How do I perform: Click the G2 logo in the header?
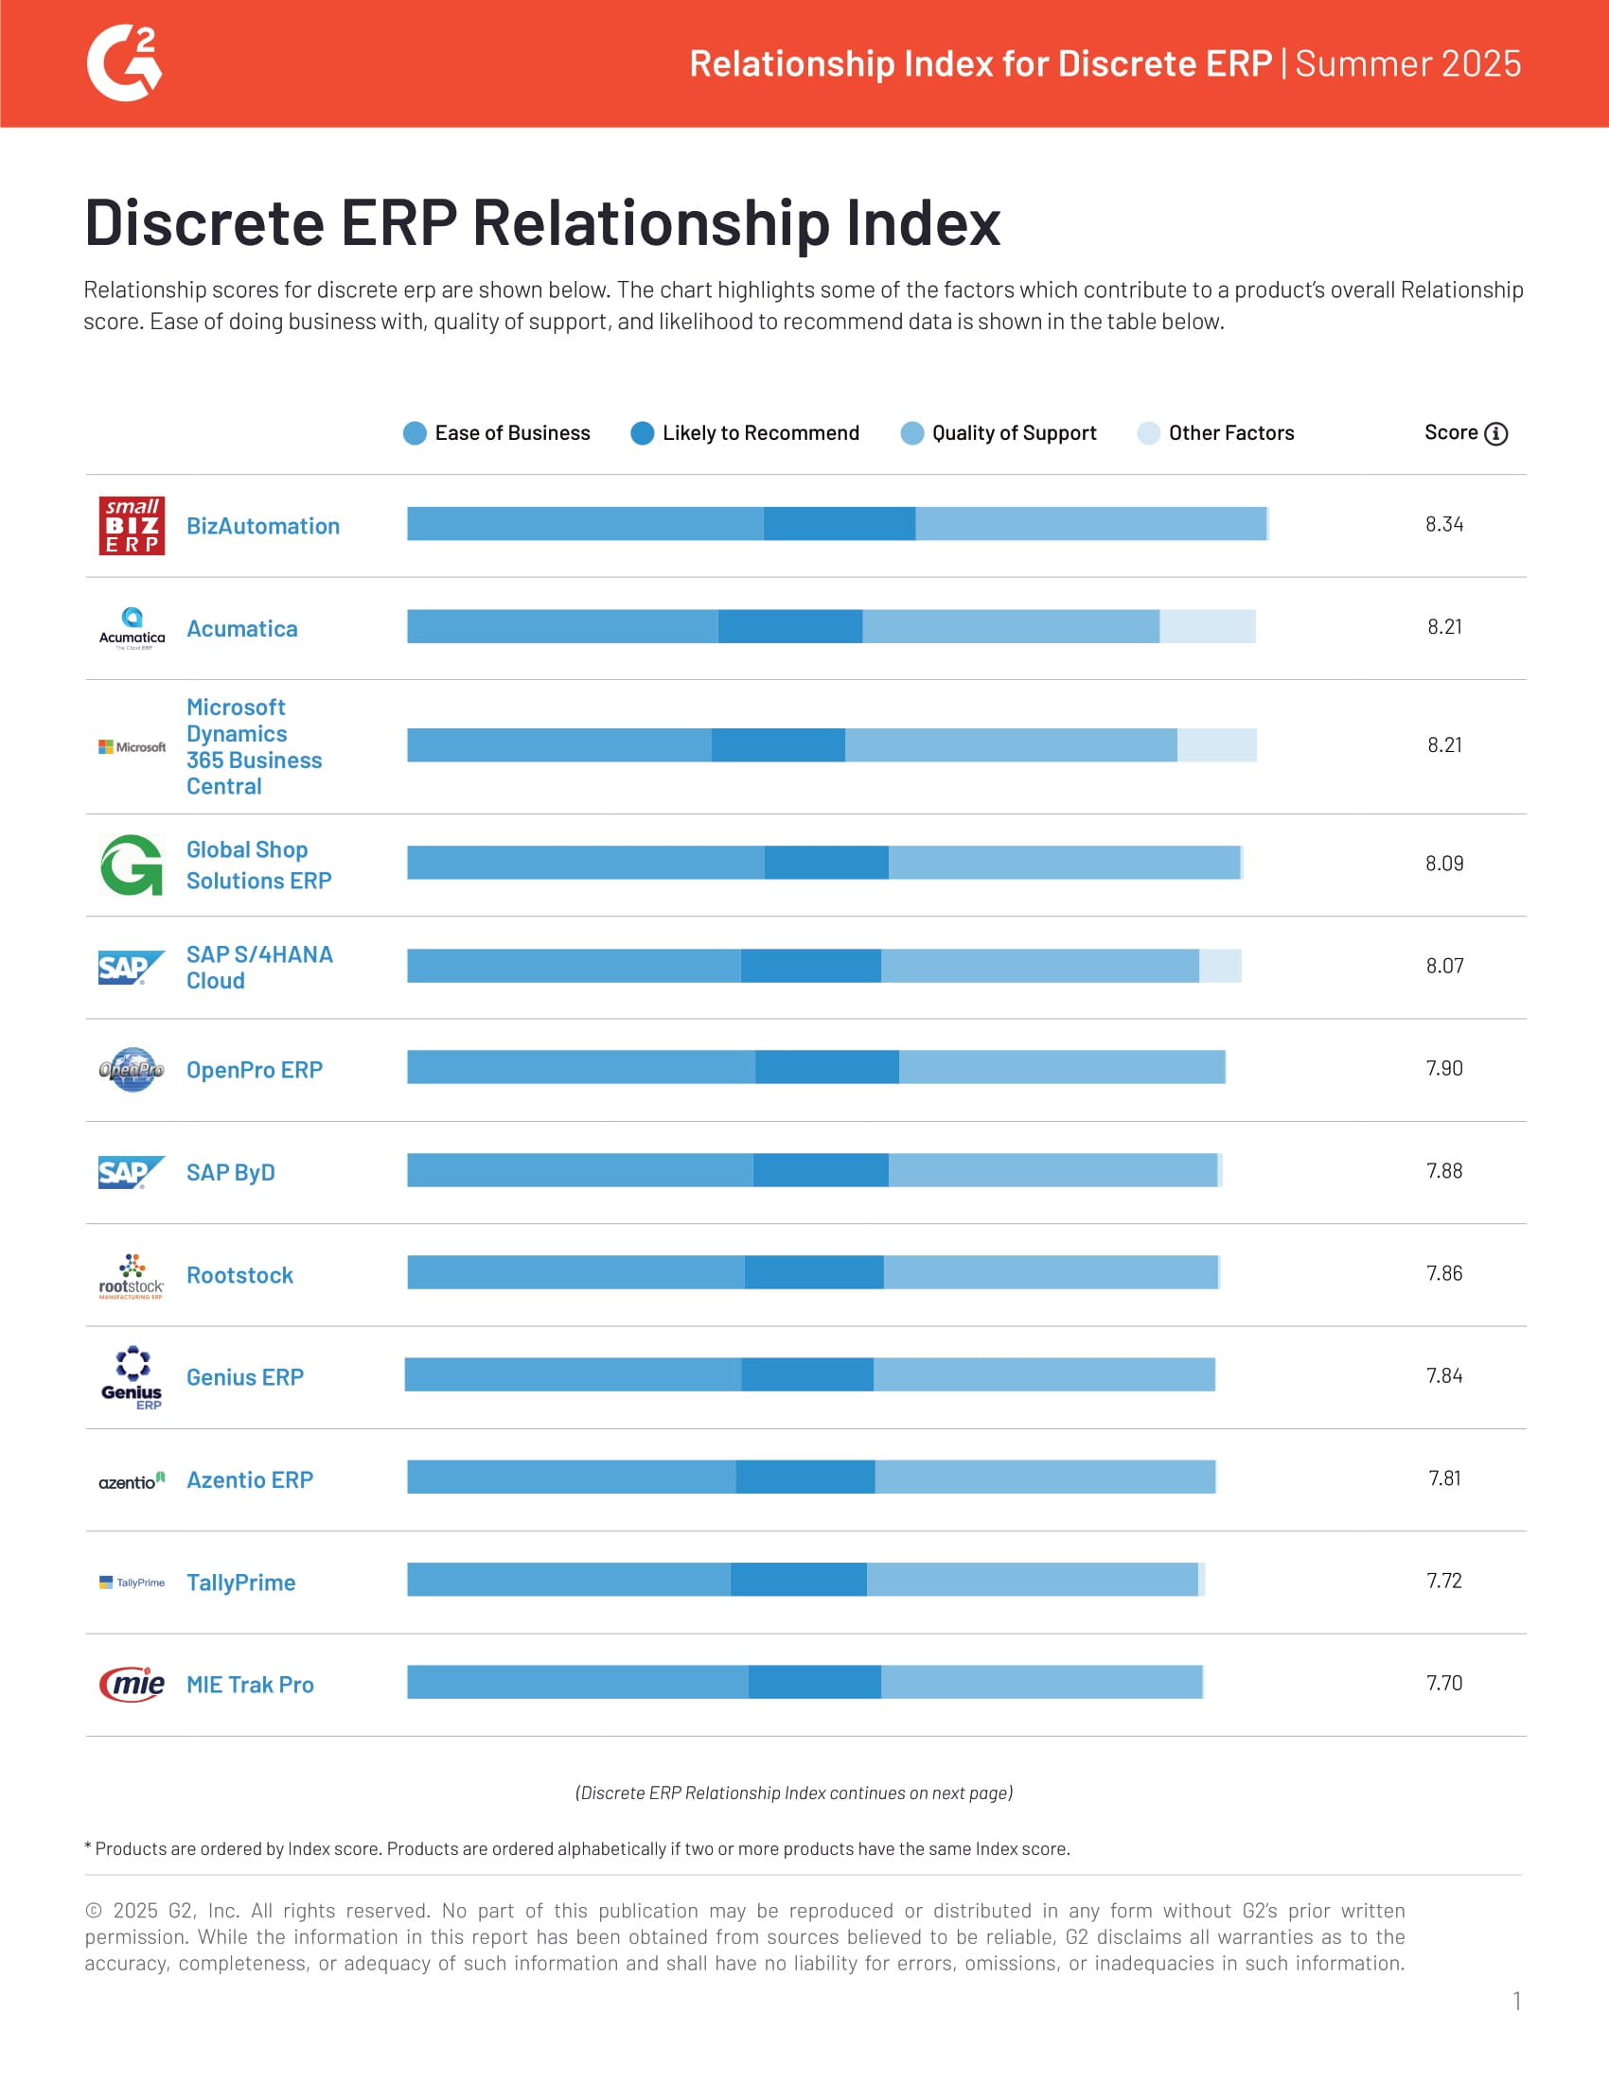point(125,63)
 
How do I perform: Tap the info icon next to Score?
point(1496,433)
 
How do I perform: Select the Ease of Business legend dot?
point(415,433)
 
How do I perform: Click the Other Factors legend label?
point(1230,433)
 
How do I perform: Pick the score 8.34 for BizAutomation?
point(1444,524)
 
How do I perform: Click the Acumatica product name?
point(242,629)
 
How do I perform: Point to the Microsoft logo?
point(132,747)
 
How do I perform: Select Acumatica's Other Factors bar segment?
point(1207,626)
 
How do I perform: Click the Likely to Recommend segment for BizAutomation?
point(839,524)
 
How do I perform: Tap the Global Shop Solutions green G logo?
point(132,866)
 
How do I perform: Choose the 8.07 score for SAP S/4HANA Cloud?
point(1444,966)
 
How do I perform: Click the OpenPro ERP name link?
point(255,1070)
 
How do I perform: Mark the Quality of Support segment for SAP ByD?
point(1052,1170)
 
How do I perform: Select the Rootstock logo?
point(132,1276)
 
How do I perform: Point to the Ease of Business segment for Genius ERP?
point(573,1375)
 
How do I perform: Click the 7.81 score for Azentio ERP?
point(1444,1478)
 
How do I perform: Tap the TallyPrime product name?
point(241,1583)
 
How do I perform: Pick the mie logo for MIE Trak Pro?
point(132,1685)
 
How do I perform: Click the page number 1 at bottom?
point(1515,2001)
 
